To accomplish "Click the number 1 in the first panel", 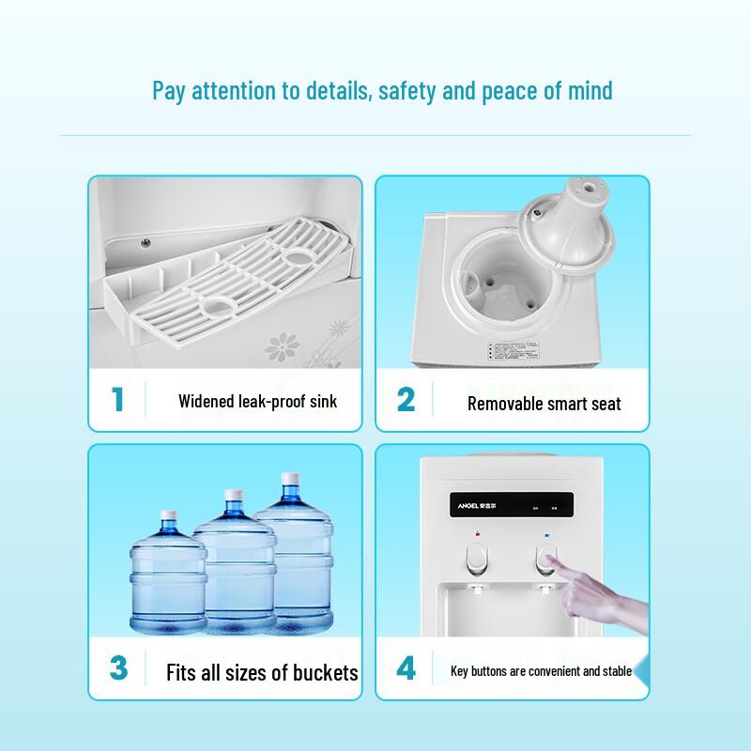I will tap(118, 399).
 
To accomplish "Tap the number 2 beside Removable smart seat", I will tap(406, 399).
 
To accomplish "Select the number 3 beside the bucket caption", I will tap(118, 668).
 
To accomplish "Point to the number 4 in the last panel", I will tap(406, 668).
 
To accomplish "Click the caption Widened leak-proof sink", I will tap(257, 402).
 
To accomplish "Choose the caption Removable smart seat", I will tap(544, 405).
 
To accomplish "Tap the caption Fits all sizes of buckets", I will tap(262, 673).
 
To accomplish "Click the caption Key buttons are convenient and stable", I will tap(542, 671).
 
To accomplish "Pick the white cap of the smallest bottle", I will tap(169, 516).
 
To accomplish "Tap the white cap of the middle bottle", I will tap(234, 497).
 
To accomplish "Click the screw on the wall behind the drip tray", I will tap(146, 242).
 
